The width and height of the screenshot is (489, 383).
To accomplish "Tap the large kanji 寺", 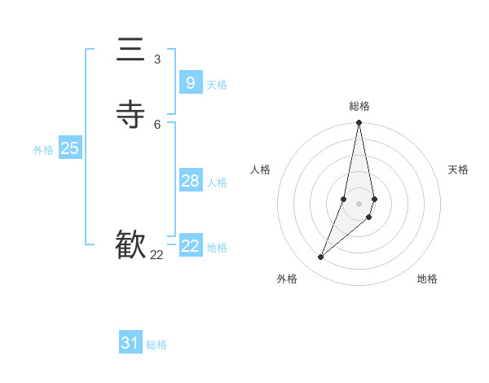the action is (130, 115).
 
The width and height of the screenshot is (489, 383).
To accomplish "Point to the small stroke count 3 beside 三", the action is (157, 59).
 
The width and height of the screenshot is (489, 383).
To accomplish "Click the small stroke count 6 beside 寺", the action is (157, 124).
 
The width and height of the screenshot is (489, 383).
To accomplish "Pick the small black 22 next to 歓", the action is (156, 255).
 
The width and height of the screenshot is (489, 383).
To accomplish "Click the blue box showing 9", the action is (190, 82).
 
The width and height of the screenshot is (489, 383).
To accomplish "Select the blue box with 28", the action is (190, 181).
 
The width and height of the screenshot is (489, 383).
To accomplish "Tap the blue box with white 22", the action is (190, 246).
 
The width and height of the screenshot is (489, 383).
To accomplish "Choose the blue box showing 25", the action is (69, 148).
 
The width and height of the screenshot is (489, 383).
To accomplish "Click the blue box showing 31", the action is (130, 343).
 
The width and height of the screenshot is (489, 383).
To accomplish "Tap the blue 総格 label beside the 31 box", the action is (156, 345).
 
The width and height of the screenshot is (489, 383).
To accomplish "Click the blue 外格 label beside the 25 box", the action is (43, 150).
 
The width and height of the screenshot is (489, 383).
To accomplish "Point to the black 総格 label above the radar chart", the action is (359, 106).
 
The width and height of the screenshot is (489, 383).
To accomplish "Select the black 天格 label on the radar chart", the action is (458, 169).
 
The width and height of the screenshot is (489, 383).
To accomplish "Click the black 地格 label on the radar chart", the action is (427, 280).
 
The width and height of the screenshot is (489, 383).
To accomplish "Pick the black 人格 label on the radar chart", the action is (261, 169).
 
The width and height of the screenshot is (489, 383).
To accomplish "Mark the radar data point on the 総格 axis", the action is (359, 123).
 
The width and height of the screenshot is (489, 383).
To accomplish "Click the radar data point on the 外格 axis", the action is (320, 258).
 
